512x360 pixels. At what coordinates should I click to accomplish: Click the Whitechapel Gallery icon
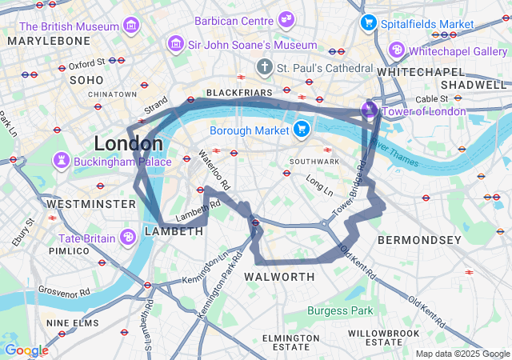(x=395, y=50)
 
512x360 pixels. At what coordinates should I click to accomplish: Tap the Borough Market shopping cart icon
(x=301, y=128)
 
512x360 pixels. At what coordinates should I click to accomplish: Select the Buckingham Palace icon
(x=61, y=161)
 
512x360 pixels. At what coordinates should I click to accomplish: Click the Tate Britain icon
(x=127, y=237)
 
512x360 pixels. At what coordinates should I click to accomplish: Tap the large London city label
(x=128, y=144)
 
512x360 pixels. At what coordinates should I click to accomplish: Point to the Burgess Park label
(x=340, y=310)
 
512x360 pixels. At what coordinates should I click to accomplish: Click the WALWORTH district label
(x=279, y=277)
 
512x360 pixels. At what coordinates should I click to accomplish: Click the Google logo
(x=26, y=350)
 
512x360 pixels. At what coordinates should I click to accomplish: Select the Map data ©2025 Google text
(x=462, y=353)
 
